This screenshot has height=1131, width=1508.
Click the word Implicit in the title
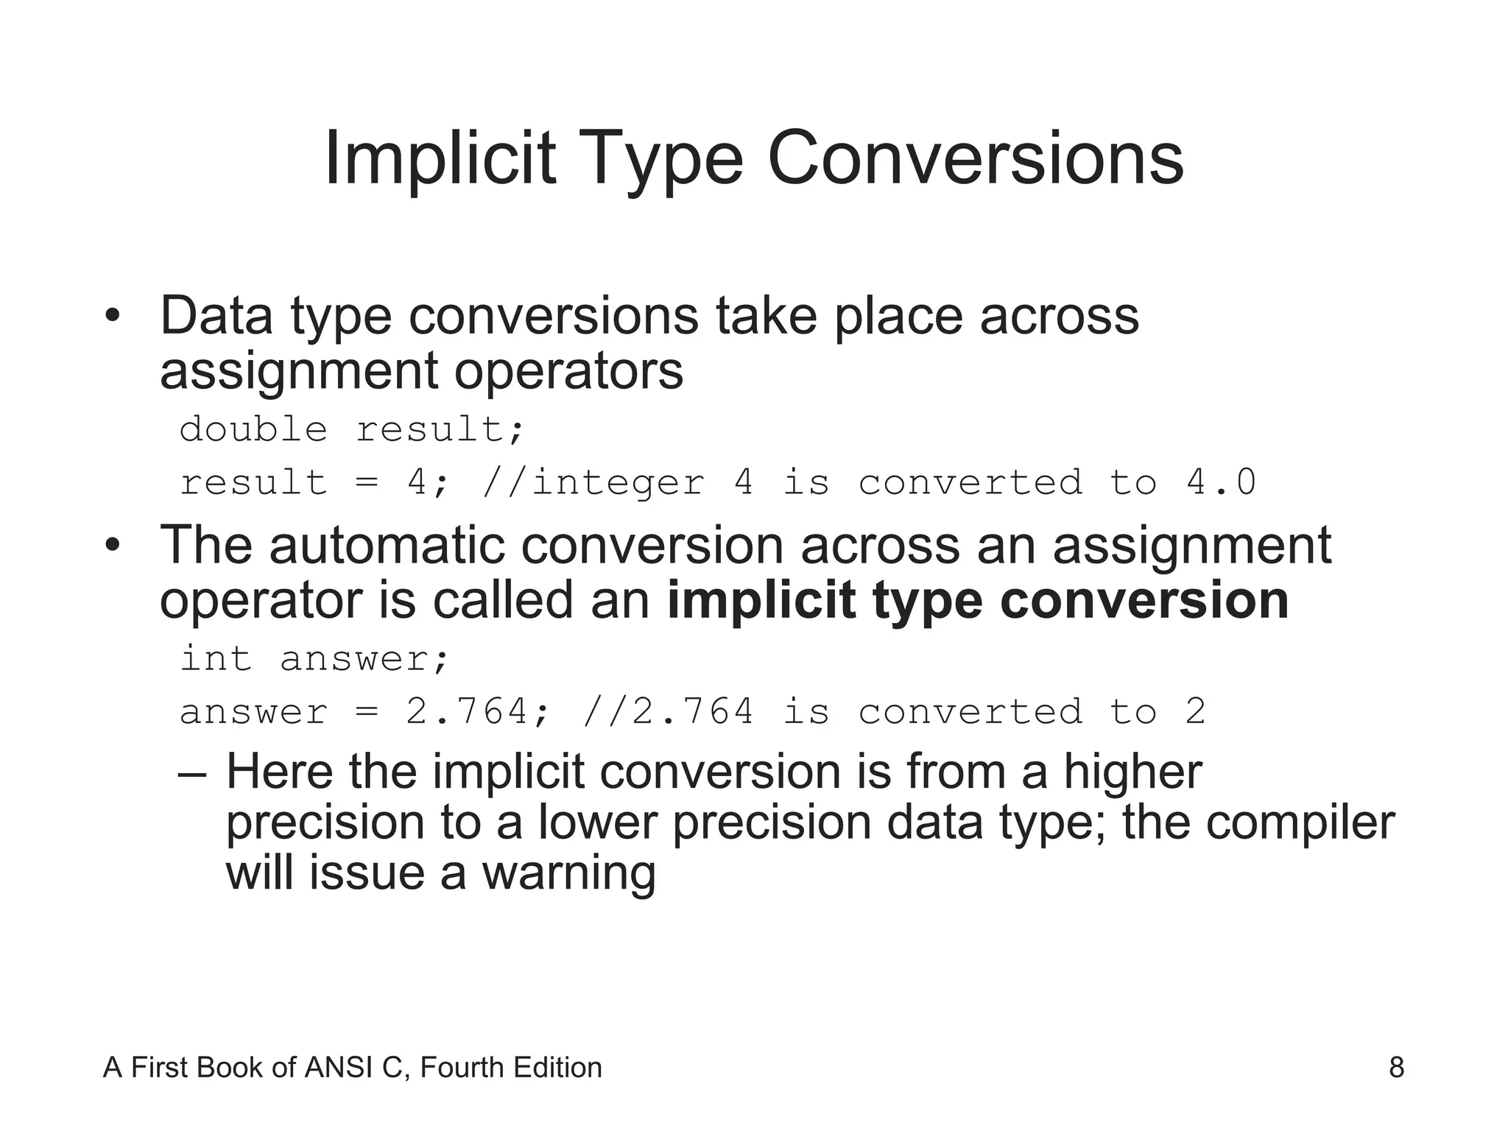point(440,158)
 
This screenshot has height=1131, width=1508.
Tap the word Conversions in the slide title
point(975,158)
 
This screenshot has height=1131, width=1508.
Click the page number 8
point(1396,1068)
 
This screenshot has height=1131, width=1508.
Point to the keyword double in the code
point(253,429)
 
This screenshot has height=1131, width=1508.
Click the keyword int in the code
point(216,658)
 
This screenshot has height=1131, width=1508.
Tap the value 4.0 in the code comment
point(1221,483)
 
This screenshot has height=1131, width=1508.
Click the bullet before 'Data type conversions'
point(112,317)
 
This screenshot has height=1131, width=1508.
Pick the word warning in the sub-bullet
point(568,873)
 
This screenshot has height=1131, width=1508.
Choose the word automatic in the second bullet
point(387,546)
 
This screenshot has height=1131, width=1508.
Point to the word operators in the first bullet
point(568,370)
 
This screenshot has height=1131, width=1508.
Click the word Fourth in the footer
point(462,1068)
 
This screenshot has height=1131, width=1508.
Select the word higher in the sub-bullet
point(1132,772)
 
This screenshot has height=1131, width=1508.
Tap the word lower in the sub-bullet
point(597,822)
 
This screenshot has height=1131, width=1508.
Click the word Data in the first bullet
point(216,317)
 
